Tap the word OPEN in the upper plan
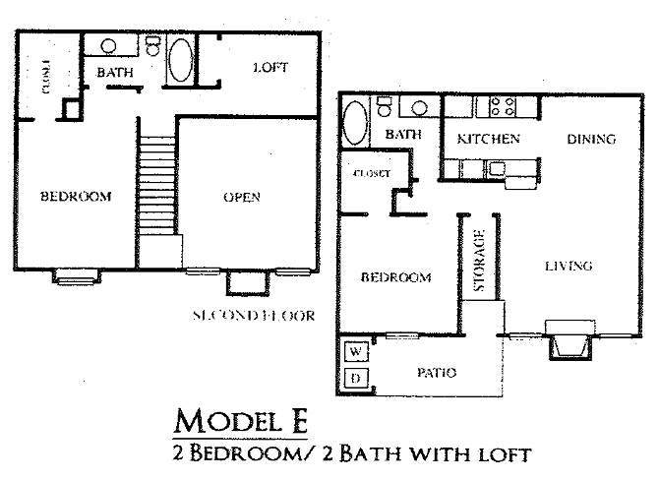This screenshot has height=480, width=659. click(x=242, y=197)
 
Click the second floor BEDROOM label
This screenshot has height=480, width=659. click(x=76, y=196)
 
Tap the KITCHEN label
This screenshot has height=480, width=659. click(x=489, y=139)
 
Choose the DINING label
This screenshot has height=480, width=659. click(x=591, y=139)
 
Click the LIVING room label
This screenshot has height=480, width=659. click(x=568, y=266)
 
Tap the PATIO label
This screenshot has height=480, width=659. click(x=438, y=372)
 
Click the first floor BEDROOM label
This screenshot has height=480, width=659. click(x=396, y=277)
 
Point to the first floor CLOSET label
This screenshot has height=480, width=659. click(x=372, y=173)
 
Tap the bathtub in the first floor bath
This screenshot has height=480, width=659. click(x=354, y=125)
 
